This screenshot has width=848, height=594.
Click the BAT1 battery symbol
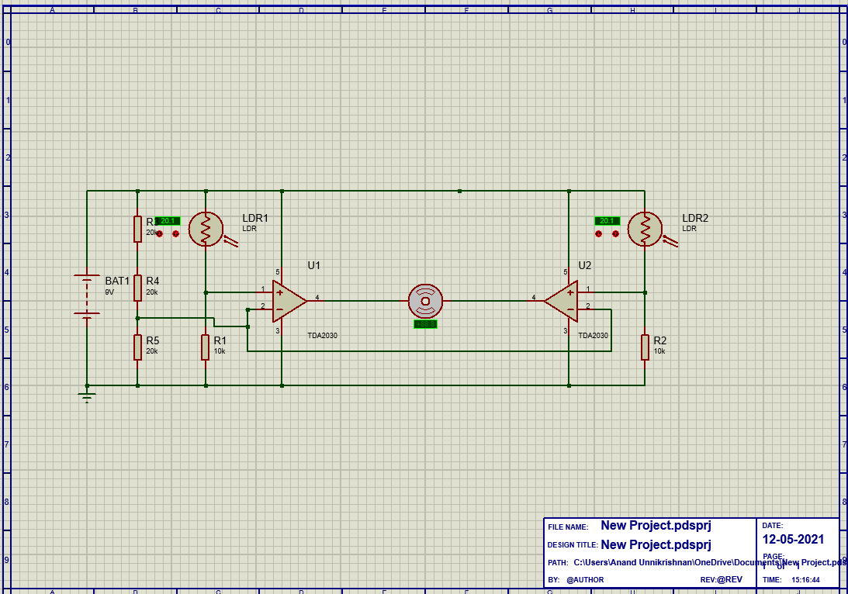[x=87, y=295]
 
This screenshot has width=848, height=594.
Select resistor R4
[x=137, y=288]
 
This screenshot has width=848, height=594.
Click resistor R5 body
[x=137, y=347]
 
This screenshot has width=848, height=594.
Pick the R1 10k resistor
[x=206, y=347]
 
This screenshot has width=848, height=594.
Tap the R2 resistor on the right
[x=645, y=347]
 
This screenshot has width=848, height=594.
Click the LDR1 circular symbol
[x=206, y=230]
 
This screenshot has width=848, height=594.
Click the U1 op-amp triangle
[x=288, y=300]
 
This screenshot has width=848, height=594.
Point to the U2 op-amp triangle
[x=562, y=300]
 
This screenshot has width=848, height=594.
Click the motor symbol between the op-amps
[x=425, y=301]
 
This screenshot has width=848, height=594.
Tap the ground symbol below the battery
[x=87, y=398]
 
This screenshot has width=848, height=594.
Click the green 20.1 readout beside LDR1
[x=168, y=221]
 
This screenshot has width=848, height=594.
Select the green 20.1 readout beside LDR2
[x=607, y=221]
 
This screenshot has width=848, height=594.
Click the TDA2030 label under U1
[x=322, y=336]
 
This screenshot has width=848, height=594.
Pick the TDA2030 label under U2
[x=593, y=336]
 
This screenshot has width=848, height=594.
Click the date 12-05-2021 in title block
[x=793, y=540]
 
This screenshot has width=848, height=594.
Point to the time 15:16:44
[x=805, y=579]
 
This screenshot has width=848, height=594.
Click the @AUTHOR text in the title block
[x=585, y=580]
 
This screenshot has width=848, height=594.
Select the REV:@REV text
[x=721, y=580]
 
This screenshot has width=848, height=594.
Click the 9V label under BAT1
[x=109, y=292]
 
